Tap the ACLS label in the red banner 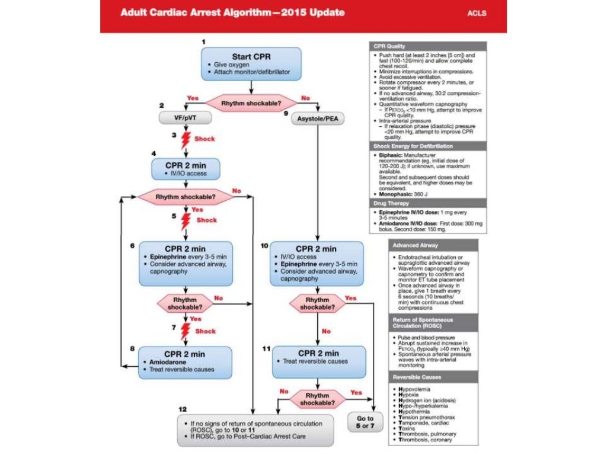pos(476,13)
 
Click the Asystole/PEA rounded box pos(319,118)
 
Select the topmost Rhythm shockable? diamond pos(251,103)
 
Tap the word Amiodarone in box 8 pos(164,361)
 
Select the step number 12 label pos(184,410)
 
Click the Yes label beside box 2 pos(193,97)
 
